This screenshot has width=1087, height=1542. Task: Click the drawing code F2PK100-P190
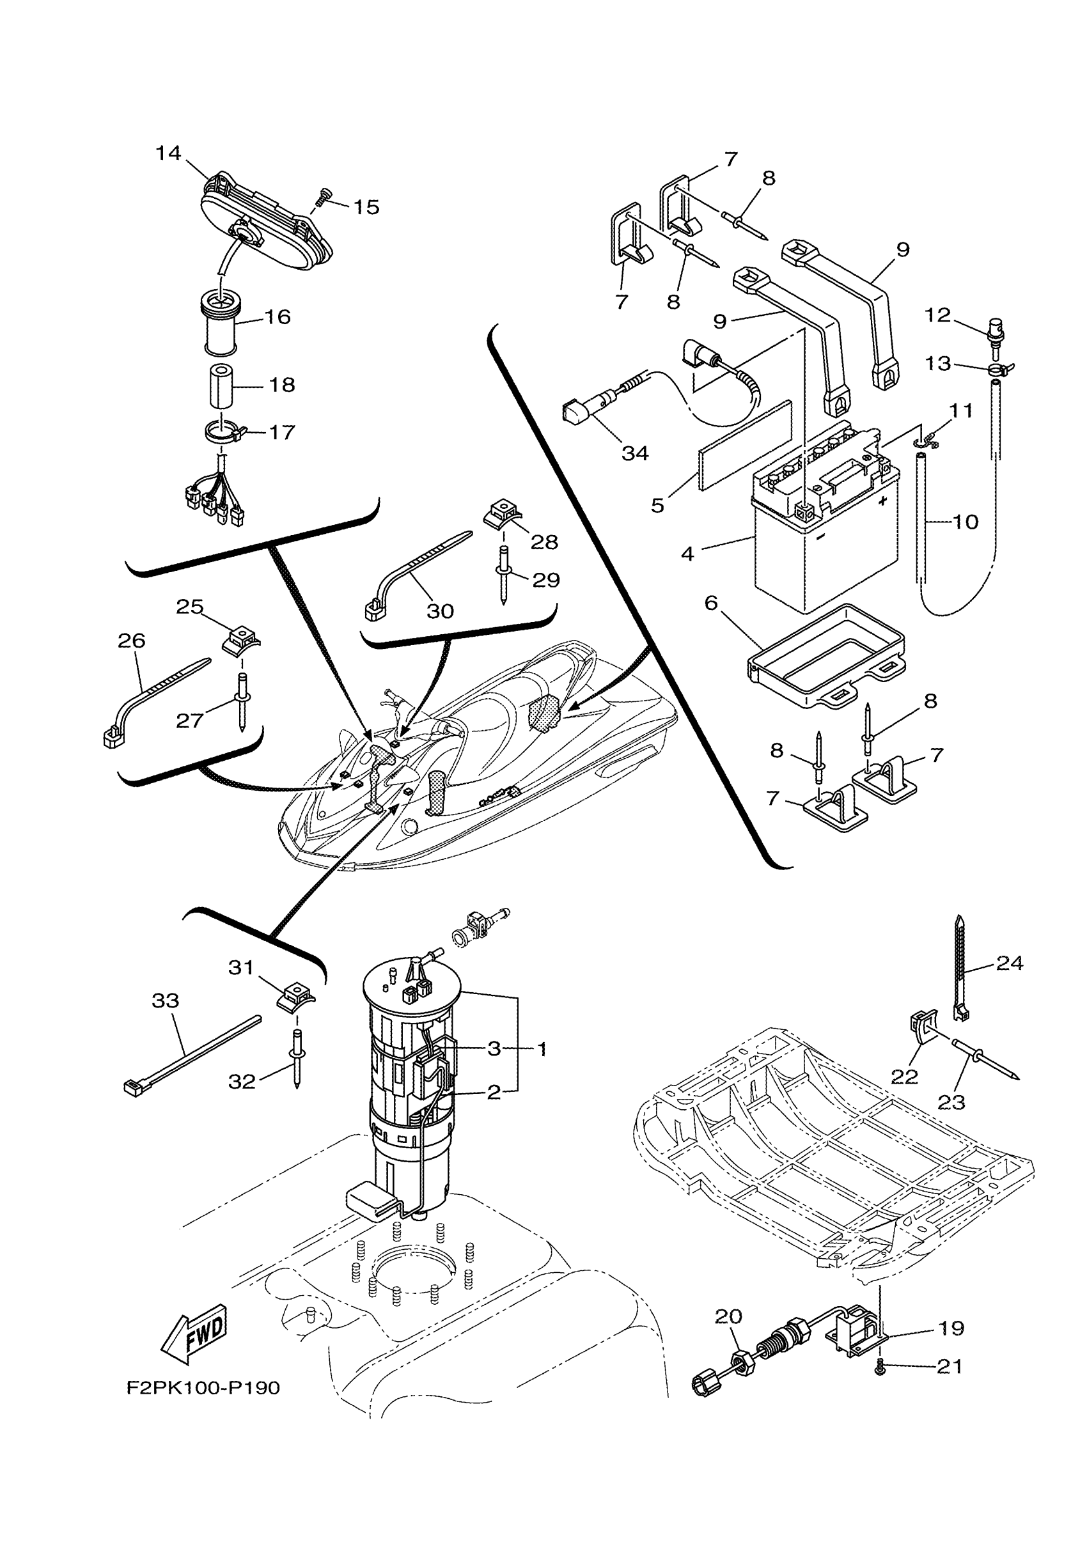click(203, 1388)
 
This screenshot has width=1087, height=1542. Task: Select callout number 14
click(168, 153)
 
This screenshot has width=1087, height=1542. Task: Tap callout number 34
click(635, 453)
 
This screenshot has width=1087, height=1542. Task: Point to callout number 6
click(711, 603)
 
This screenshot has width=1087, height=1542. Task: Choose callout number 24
click(1009, 963)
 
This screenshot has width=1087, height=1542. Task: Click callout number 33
click(165, 1001)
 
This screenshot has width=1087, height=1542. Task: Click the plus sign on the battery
click(882, 501)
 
